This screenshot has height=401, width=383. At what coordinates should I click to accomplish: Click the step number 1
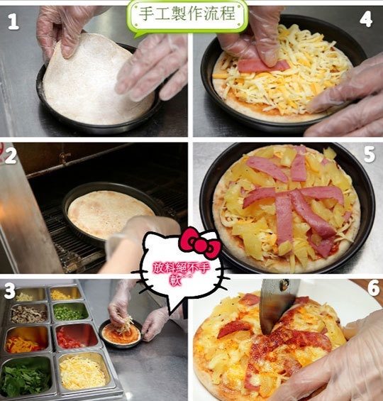point(13,22)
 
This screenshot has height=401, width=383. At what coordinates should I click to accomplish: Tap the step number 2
point(11,155)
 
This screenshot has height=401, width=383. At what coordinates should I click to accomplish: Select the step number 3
point(10,291)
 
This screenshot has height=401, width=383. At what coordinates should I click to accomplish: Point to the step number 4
point(366,19)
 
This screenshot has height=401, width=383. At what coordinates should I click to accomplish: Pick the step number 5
point(369,155)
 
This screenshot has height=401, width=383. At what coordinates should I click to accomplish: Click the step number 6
point(373,288)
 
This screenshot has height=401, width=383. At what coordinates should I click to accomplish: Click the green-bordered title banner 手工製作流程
point(187,16)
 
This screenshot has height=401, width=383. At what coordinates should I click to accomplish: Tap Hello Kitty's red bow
point(200,242)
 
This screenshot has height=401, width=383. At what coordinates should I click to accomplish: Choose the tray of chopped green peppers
point(70,312)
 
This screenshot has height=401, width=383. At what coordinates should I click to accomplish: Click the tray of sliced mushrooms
point(29,314)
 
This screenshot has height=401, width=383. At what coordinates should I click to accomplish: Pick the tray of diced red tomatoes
point(76,336)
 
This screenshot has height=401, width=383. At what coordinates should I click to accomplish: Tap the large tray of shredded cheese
point(83,371)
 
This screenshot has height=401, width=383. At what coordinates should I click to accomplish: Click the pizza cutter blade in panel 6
point(276,306)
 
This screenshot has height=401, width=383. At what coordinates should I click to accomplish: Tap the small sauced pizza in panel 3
point(121,332)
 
